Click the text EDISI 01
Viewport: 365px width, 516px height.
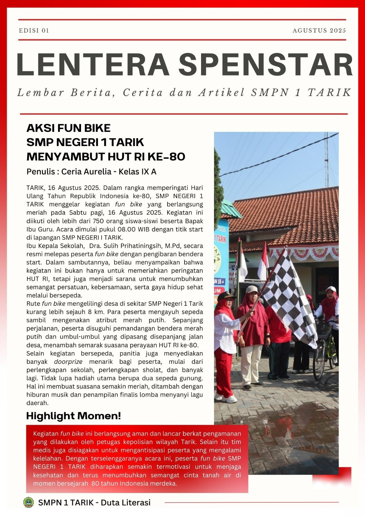34,31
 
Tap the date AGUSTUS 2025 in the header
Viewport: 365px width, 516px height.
319,31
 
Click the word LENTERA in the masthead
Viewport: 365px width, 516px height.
93,64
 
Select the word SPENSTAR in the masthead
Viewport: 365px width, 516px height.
266,64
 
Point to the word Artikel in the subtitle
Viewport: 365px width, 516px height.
221,93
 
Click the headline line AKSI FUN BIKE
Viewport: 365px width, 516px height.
68,128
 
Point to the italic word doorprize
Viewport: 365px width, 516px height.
68,362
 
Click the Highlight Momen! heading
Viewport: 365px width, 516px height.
73,416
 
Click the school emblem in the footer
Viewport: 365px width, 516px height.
28,502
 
